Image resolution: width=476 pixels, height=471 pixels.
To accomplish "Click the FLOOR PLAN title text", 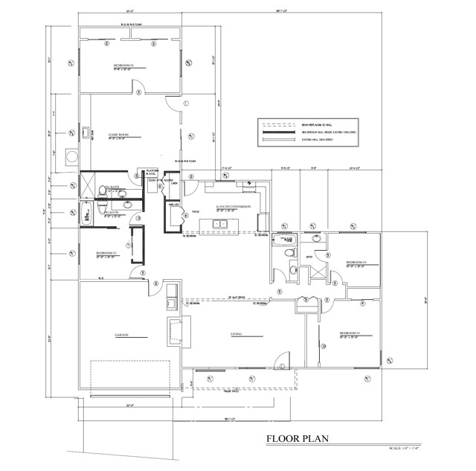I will tap(297, 439).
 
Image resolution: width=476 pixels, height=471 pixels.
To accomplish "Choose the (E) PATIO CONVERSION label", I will tap(234, 207).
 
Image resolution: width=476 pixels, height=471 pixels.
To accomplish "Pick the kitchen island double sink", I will tap(220, 223).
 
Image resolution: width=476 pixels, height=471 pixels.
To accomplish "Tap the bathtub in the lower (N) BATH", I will tap(86, 213).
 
